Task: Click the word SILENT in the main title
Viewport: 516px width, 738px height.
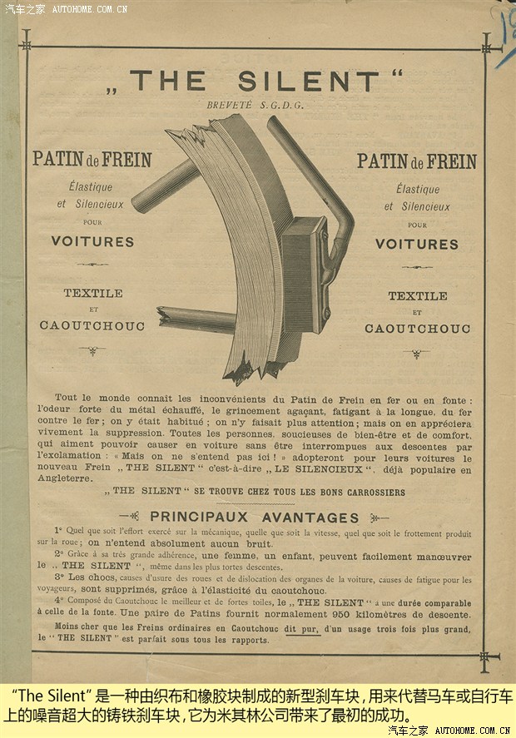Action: (x=307, y=81)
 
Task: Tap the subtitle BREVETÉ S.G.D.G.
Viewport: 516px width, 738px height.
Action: (x=256, y=106)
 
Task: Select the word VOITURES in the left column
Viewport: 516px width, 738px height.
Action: (x=92, y=242)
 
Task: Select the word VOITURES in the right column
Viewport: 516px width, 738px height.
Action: (x=416, y=244)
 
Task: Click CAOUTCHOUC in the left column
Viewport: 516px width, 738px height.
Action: (x=92, y=325)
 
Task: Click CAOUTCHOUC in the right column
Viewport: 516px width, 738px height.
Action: (x=417, y=329)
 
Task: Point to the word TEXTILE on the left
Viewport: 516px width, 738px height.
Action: (x=93, y=293)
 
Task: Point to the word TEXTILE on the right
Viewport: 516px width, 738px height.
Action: (x=417, y=295)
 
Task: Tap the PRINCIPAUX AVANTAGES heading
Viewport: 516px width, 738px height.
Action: (x=254, y=517)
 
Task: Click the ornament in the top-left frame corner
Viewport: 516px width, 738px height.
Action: (x=26, y=40)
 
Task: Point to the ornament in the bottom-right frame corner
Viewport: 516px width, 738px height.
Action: (x=484, y=657)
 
